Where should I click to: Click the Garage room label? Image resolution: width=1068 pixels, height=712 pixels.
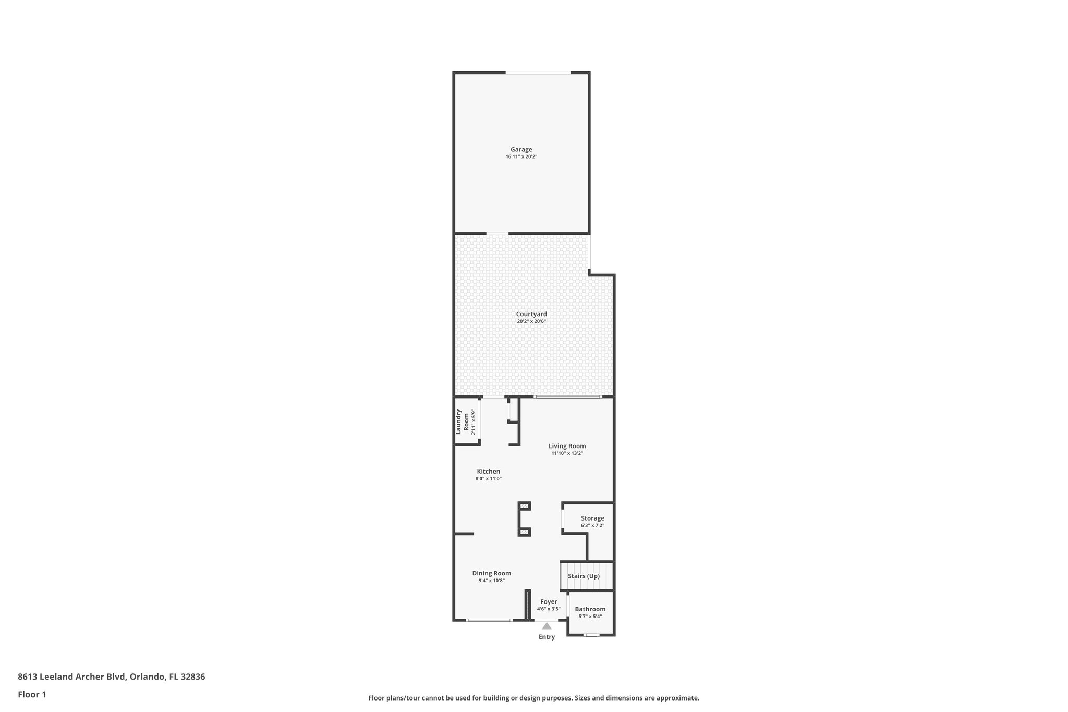[x=521, y=150]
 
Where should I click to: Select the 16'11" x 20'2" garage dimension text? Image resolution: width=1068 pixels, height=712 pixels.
[x=521, y=156]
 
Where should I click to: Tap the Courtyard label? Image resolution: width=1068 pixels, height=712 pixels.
[x=531, y=314]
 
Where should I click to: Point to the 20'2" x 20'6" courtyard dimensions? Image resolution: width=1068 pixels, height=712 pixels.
[x=531, y=321]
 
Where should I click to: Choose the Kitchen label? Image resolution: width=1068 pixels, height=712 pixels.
[x=488, y=472]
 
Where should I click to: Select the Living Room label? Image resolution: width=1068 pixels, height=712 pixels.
[x=567, y=446]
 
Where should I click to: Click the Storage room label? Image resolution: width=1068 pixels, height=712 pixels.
[x=592, y=518]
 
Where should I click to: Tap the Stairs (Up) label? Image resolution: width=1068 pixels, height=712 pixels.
[x=584, y=576]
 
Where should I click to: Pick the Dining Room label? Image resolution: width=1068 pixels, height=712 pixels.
[x=491, y=573]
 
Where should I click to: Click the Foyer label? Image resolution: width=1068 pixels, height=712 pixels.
[x=549, y=602]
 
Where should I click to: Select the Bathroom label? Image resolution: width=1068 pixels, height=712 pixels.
[x=590, y=609]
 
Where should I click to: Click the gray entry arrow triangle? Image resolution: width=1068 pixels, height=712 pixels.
[x=547, y=626]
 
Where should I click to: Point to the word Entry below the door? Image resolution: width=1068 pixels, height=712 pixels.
[x=547, y=637]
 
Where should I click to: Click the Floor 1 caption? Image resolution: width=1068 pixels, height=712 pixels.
[x=32, y=695]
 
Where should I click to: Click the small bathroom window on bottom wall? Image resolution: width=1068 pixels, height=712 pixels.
[x=591, y=635]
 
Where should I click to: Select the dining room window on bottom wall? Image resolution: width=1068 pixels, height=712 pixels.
[x=489, y=620]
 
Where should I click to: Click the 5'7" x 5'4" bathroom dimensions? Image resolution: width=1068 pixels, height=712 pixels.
[x=590, y=617]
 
